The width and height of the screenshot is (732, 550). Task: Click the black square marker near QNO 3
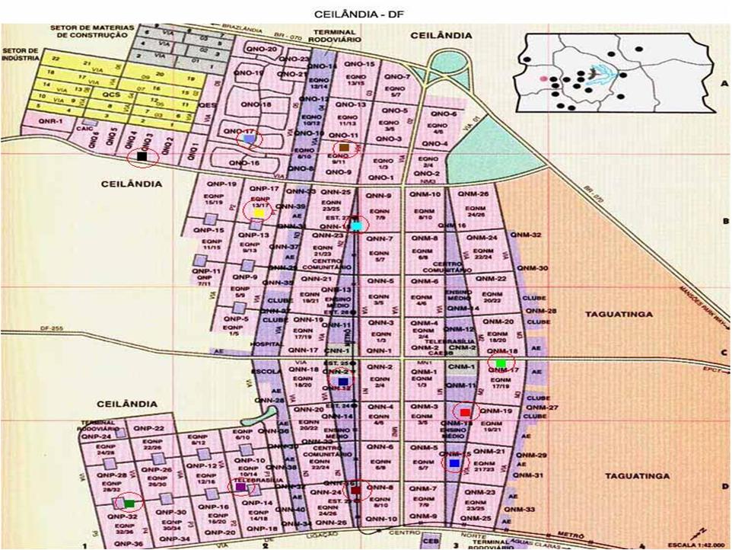[142, 157]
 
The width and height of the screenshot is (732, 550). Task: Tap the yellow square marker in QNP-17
[259, 213]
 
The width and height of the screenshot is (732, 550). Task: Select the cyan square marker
[356, 225]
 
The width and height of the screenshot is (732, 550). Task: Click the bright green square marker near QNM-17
[501, 363]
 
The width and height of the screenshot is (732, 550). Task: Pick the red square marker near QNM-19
[465, 412]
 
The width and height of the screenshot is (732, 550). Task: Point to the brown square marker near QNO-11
[344, 147]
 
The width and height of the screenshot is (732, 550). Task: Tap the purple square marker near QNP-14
[240, 487]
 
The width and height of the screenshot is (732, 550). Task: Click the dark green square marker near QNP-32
[129, 503]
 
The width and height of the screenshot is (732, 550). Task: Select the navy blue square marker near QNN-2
[342, 381]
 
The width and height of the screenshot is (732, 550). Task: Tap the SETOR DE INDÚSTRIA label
[20, 55]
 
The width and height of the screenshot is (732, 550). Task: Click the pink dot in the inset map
[542, 78]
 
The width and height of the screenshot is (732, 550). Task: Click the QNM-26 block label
[473, 193]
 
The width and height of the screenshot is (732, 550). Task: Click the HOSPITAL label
[271, 344]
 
